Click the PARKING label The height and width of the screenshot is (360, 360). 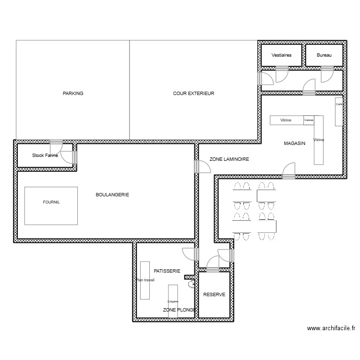coord(73,94)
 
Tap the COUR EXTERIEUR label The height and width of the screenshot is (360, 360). coord(193,94)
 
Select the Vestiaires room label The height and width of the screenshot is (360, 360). coord(281,55)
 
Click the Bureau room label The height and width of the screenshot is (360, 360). coord(324,55)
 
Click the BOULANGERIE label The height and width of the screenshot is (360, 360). coord(112,194)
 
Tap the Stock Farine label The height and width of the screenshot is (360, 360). coord(45,156)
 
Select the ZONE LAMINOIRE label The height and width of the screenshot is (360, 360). coord(229,159)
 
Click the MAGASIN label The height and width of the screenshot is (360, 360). coord(295,144)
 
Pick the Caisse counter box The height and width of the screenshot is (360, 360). coord(309,120)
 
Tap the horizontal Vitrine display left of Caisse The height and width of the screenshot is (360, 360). coord(286,120)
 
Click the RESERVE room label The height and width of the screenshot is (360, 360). coord(214,295)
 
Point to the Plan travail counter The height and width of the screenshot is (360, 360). coord(144,280)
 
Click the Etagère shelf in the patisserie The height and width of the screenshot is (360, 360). coord(173,301)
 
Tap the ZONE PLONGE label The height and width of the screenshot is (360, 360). coord(179,310)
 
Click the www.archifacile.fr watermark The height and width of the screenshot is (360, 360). coord(331,328)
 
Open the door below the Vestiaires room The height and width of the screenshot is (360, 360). coord(281,74)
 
